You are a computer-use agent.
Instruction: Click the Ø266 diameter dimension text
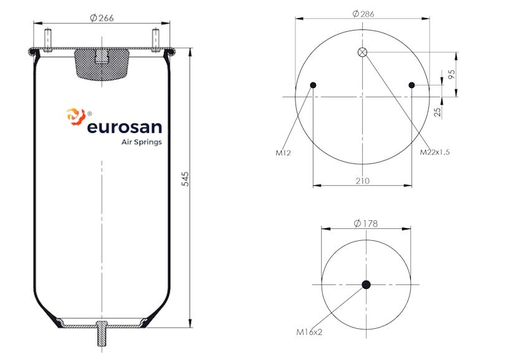pyautogui.click(x=102, y=17)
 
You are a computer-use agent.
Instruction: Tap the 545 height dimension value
pyautogui.click(x=185, y=179)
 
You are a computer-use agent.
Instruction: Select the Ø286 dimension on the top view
pyautogui.click(x=363, y=14)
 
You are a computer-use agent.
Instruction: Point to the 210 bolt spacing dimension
pyautogui.click(x=363, y=181)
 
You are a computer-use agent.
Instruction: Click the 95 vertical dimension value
pyautogui.click(x=451, y=74)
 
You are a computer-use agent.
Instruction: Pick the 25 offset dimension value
pyautogui.click(x=437, y=112)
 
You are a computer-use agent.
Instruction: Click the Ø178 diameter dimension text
pyautogui.click(x=365, y=223)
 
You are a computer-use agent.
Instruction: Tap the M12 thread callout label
pyautogui.click(x=283, y=153)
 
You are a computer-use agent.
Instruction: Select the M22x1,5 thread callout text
pyautogui.click(x=434, y=152)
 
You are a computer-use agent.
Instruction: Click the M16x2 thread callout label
pyautogui.click(x=309, y=332)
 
